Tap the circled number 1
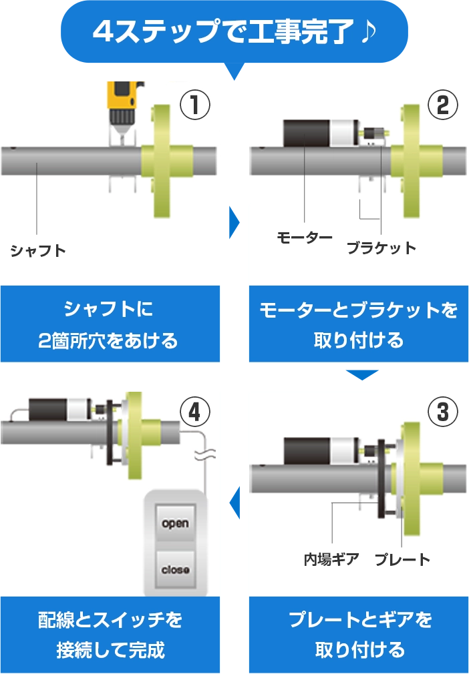195,105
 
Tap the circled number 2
442,105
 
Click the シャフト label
38,251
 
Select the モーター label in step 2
305,238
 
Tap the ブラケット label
381,248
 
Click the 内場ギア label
331,559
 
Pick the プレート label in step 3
402,559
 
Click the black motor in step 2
307,133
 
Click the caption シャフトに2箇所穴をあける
109,325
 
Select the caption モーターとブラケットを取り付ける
358,325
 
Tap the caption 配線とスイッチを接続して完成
110,635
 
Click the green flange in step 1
162,160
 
